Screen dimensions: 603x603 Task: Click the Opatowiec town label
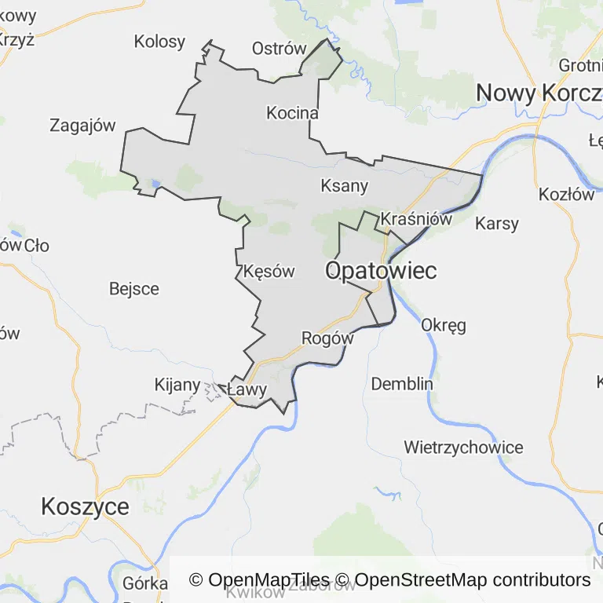380,271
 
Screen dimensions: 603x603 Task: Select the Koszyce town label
85,506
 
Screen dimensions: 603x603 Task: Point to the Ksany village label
344,186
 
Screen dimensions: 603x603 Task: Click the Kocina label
292,113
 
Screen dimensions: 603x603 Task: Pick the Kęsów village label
269,272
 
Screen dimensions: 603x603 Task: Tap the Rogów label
327,338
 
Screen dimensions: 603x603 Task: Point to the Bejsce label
134,289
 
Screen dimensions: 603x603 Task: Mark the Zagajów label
82,125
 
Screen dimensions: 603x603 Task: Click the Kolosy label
159,42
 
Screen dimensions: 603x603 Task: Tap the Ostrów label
279,49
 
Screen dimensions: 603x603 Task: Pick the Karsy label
497,224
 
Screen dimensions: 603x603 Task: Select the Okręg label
444,324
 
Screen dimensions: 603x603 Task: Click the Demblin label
402,384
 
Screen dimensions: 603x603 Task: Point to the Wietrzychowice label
463,448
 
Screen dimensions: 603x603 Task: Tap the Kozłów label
566,195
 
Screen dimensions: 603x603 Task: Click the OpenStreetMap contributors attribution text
473,580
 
